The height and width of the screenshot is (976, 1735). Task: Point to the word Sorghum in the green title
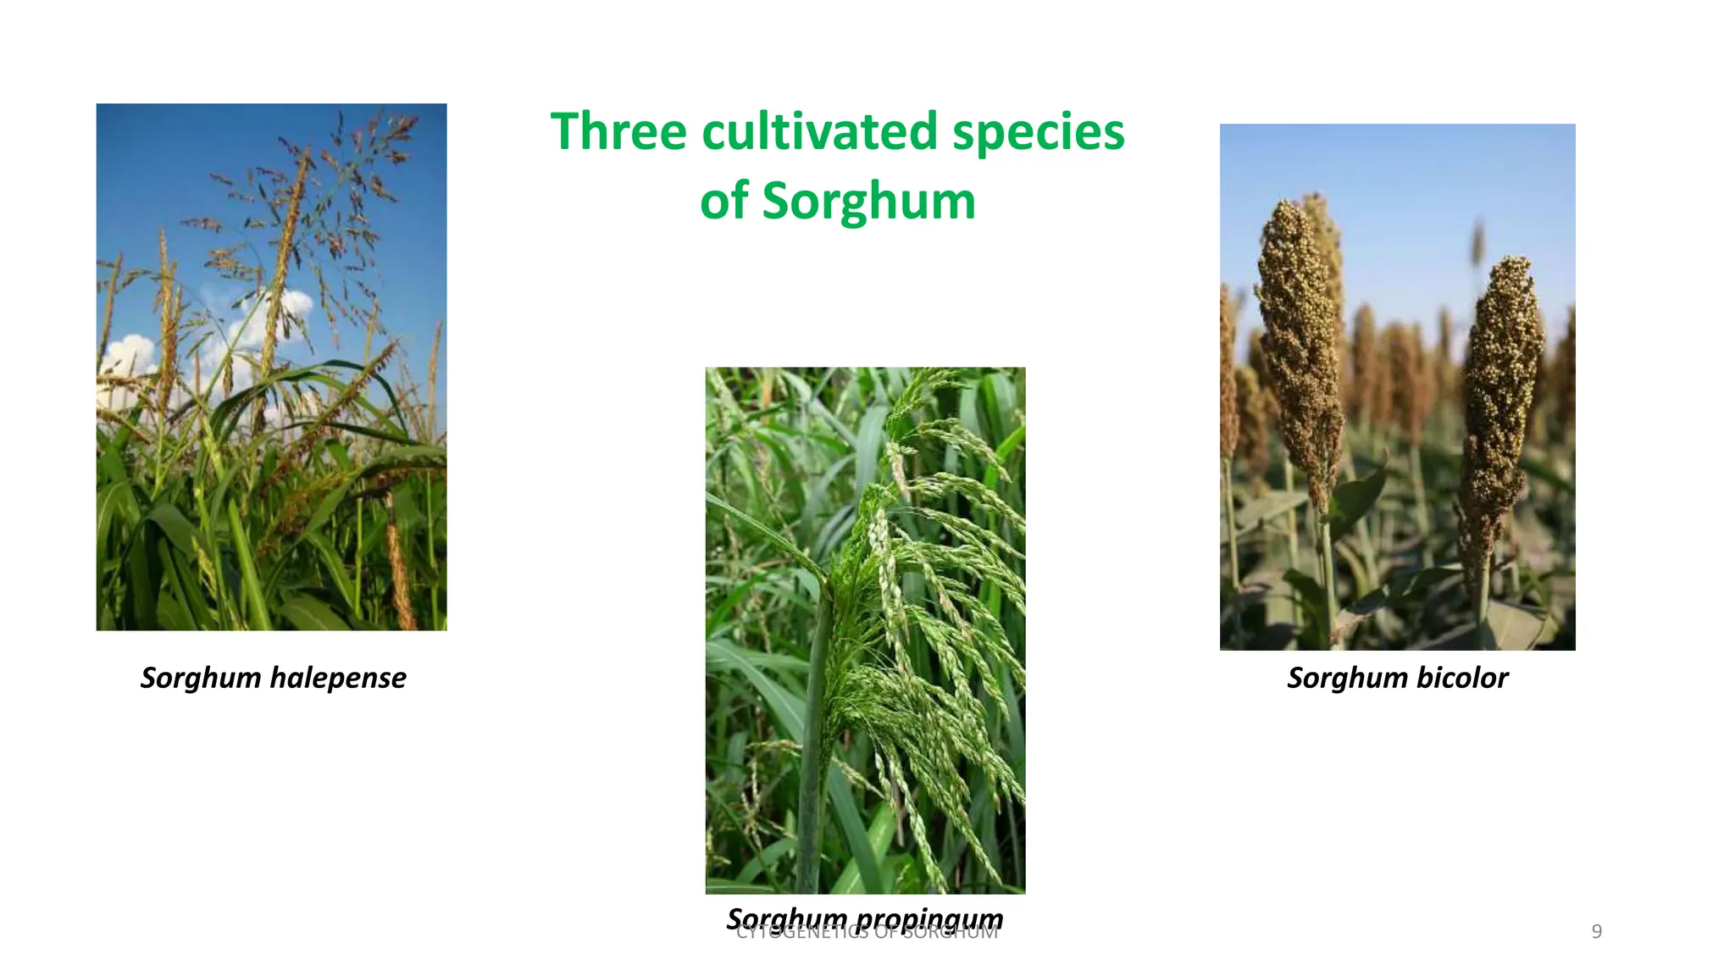868,202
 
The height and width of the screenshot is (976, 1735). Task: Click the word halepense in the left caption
337,678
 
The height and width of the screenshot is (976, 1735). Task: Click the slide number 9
1596,932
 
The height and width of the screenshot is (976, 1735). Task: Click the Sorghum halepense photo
271,367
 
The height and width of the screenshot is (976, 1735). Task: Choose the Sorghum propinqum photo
865,630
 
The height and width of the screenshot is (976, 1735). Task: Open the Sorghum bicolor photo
1397,387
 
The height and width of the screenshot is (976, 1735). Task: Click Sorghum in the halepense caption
201,678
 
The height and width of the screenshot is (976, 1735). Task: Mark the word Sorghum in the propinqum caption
787,918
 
